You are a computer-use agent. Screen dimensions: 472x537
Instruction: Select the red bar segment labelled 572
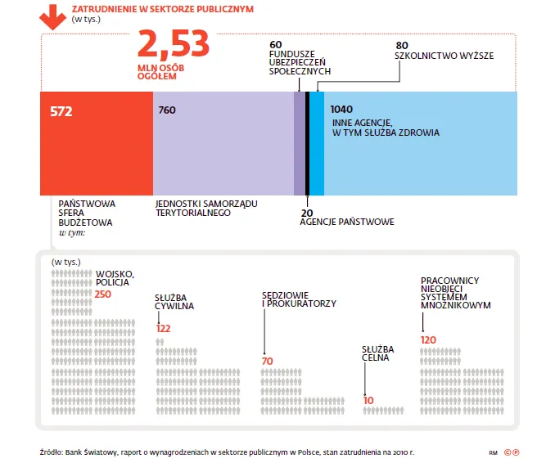[x=97, y=143]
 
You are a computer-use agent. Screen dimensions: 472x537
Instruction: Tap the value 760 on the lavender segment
[x=167, y=110]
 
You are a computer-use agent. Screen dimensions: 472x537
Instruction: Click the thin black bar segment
[x=307, y=143]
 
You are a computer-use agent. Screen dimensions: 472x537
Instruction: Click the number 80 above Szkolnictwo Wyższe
[x=401, y=45]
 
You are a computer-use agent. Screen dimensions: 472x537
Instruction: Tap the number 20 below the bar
[x=307, y=211]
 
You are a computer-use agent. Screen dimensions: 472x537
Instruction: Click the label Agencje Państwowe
[x=347, y=222]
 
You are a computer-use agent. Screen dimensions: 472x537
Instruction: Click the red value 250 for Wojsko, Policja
[x=102, y=294]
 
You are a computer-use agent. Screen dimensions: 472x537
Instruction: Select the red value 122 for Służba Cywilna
[x=163, y=328]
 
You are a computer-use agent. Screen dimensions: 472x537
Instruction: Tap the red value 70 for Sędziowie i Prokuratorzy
[x=267, y=361]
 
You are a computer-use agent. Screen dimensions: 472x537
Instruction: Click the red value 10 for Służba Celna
[x=368, y=400]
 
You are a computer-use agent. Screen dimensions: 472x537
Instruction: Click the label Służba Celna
[x=376, y=353]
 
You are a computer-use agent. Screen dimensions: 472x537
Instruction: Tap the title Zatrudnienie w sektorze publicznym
[x=162, y=9]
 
